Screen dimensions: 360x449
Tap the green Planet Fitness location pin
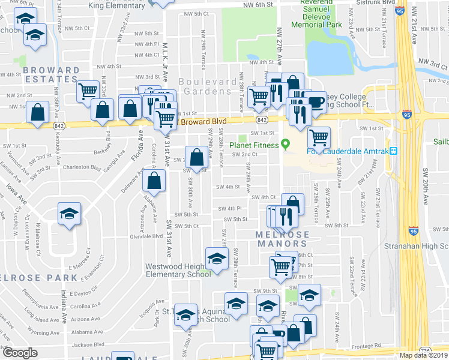[x=286, y=144]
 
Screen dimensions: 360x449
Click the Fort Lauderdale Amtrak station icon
[x=394, y=151]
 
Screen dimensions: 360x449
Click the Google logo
[x=20, y=353]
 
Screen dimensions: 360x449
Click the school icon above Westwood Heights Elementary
[x=217, y=259]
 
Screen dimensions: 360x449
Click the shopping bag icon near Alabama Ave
[x=154, y=181]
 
